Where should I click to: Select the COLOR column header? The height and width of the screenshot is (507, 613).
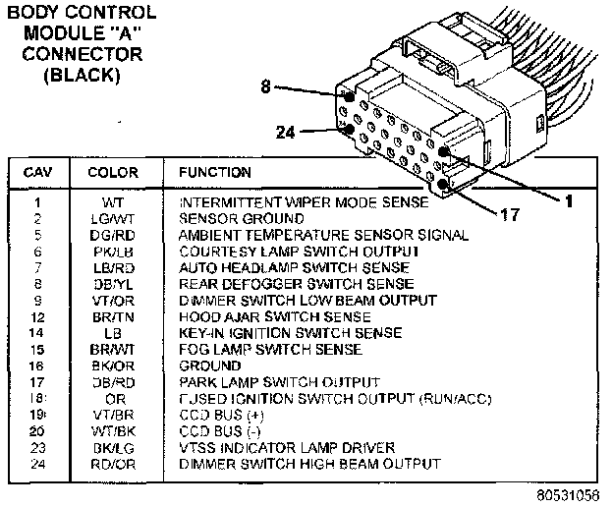click(x=113, y=173)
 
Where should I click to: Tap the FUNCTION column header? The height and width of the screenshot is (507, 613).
click(x=214, y=173)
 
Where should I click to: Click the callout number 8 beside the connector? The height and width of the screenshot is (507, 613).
click(x=265, y=87)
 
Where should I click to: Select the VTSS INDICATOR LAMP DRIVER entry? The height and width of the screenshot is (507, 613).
click(x=286, y=447)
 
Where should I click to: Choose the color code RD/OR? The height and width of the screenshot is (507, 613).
click(x=113, y=463)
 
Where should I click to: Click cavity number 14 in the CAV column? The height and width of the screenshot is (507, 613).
click(x=35, y=334)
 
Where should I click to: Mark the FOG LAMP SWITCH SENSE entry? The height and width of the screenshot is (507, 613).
click(x=270, y=350)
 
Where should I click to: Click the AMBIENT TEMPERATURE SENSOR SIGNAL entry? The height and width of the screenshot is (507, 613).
click(x=323, y=237)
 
